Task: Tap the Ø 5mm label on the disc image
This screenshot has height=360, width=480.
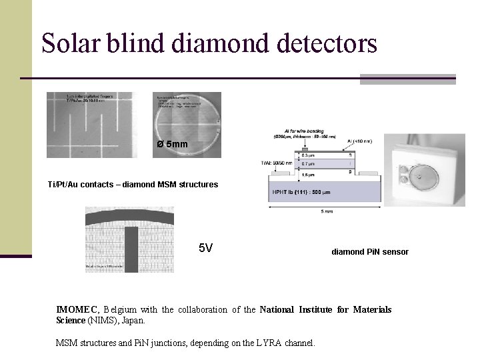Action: (173, 145)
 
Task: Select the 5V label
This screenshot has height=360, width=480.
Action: (206, 249)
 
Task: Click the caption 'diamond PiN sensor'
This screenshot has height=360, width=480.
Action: (370, 252)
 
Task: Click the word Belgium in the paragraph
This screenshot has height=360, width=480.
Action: (120, 309)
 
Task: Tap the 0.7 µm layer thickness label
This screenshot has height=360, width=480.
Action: (309, 163)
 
